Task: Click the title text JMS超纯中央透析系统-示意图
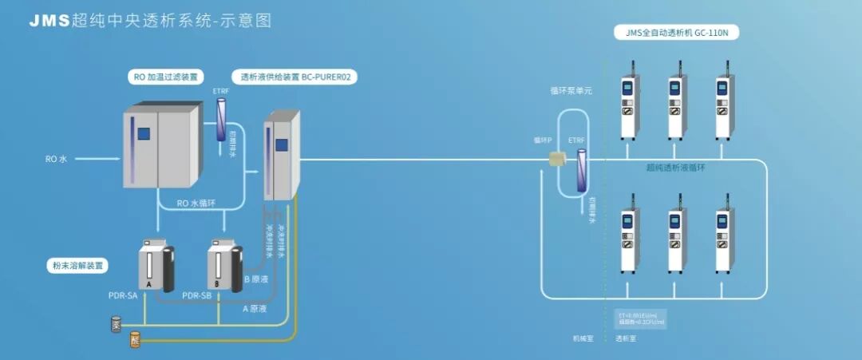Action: click(x=150, y=21)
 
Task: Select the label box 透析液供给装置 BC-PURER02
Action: click(x=295, y=77)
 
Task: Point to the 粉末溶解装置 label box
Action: click(x=77, y=265)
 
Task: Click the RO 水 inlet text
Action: click(x=57, y=159)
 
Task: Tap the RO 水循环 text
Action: click(x=196, y=203)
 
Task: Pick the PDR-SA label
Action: click(x=122, y=295)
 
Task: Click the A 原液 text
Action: click(x=255, y=308)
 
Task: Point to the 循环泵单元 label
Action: click(x=571, y=92)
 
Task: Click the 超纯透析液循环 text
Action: click(x=675, y=168)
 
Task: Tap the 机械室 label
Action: click(x=583, y=338)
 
